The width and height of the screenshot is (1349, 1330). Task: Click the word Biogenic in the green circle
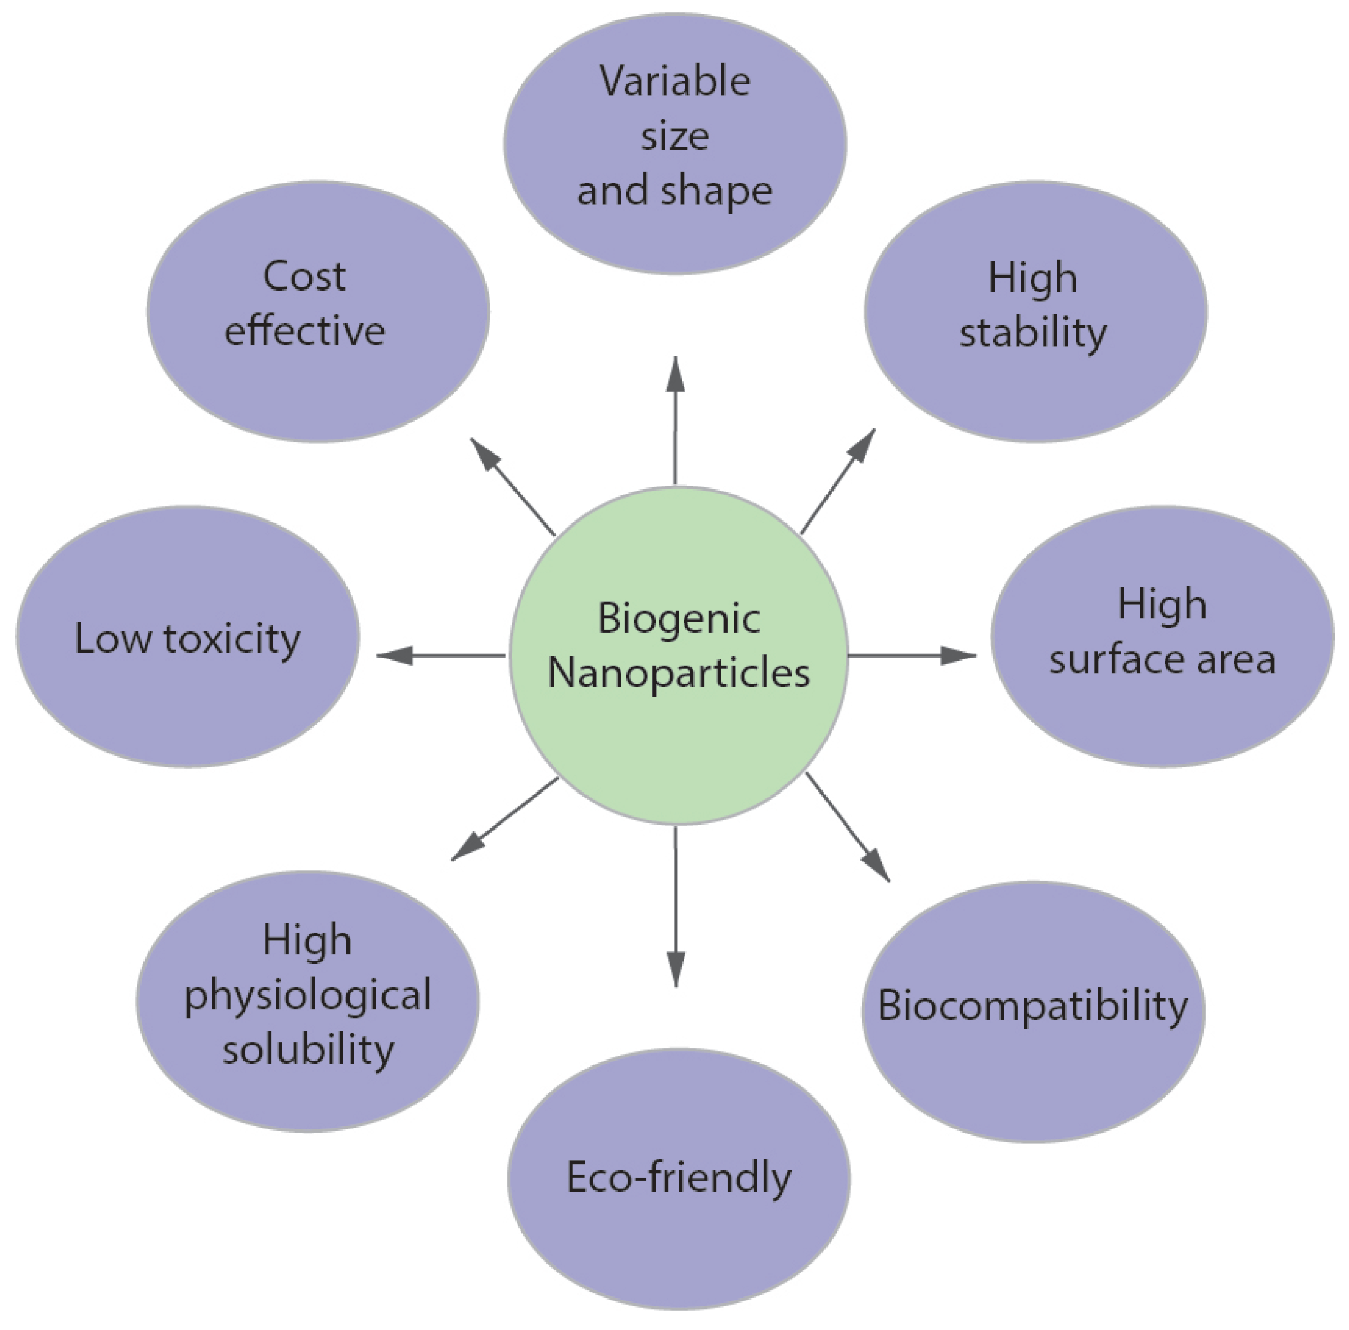click(x=678, y=619)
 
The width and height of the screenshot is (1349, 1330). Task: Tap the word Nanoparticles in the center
click(x=678, y=673)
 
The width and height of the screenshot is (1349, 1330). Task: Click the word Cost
click(x=304, y=277)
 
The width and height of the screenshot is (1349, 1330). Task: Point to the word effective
click(x=304, y=331)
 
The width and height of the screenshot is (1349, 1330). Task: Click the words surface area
click(x=1162, y=659)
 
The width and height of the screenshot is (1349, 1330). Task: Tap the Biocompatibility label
click(x=1032, y=1006)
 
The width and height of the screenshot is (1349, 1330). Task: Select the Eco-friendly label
click(x=679, y=1177)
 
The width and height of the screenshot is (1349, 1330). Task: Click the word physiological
click(x=307, y=996)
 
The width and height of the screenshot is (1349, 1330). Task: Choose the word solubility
click(x=308, y=1049)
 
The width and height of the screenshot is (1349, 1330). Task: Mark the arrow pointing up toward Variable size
click(x=675, y=419)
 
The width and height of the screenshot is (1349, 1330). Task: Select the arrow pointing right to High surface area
click(x=911, y=655)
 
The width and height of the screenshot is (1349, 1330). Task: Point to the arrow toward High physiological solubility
click(x=504, y=818)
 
